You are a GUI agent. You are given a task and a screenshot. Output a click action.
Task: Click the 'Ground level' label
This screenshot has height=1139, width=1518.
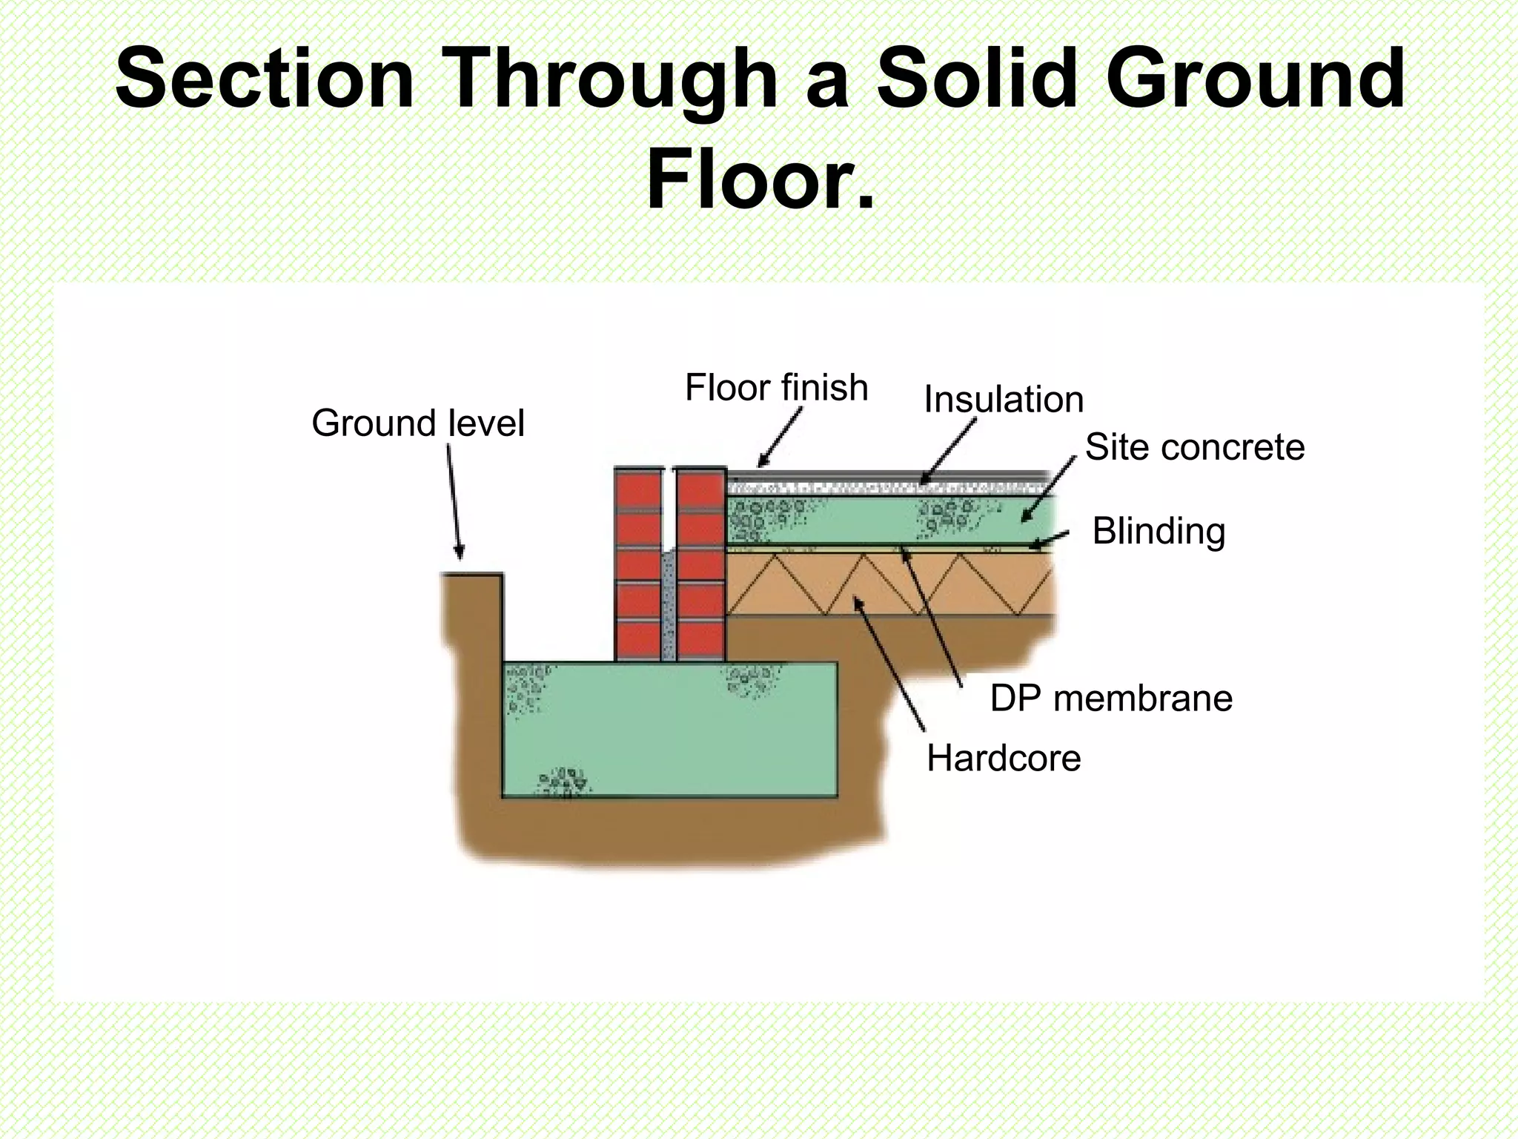tap(417, 423)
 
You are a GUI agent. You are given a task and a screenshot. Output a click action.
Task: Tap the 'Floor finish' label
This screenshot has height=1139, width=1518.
tap(776, 388)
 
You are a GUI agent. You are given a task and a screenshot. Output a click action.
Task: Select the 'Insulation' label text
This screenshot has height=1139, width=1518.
tap(1004, 400)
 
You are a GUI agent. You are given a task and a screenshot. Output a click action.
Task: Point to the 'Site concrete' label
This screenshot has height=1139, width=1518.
tap(1194, 447)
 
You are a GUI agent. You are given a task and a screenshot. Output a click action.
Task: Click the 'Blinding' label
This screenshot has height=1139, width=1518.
tap(1159, 532)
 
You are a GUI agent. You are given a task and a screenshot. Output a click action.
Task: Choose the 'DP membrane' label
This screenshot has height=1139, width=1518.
tap(1111, 699)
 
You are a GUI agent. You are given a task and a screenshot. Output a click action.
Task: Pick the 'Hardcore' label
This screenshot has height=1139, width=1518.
tap(1004, 759)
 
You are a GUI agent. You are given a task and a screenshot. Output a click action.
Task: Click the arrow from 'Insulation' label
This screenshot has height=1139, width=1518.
tap(948, 452)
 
